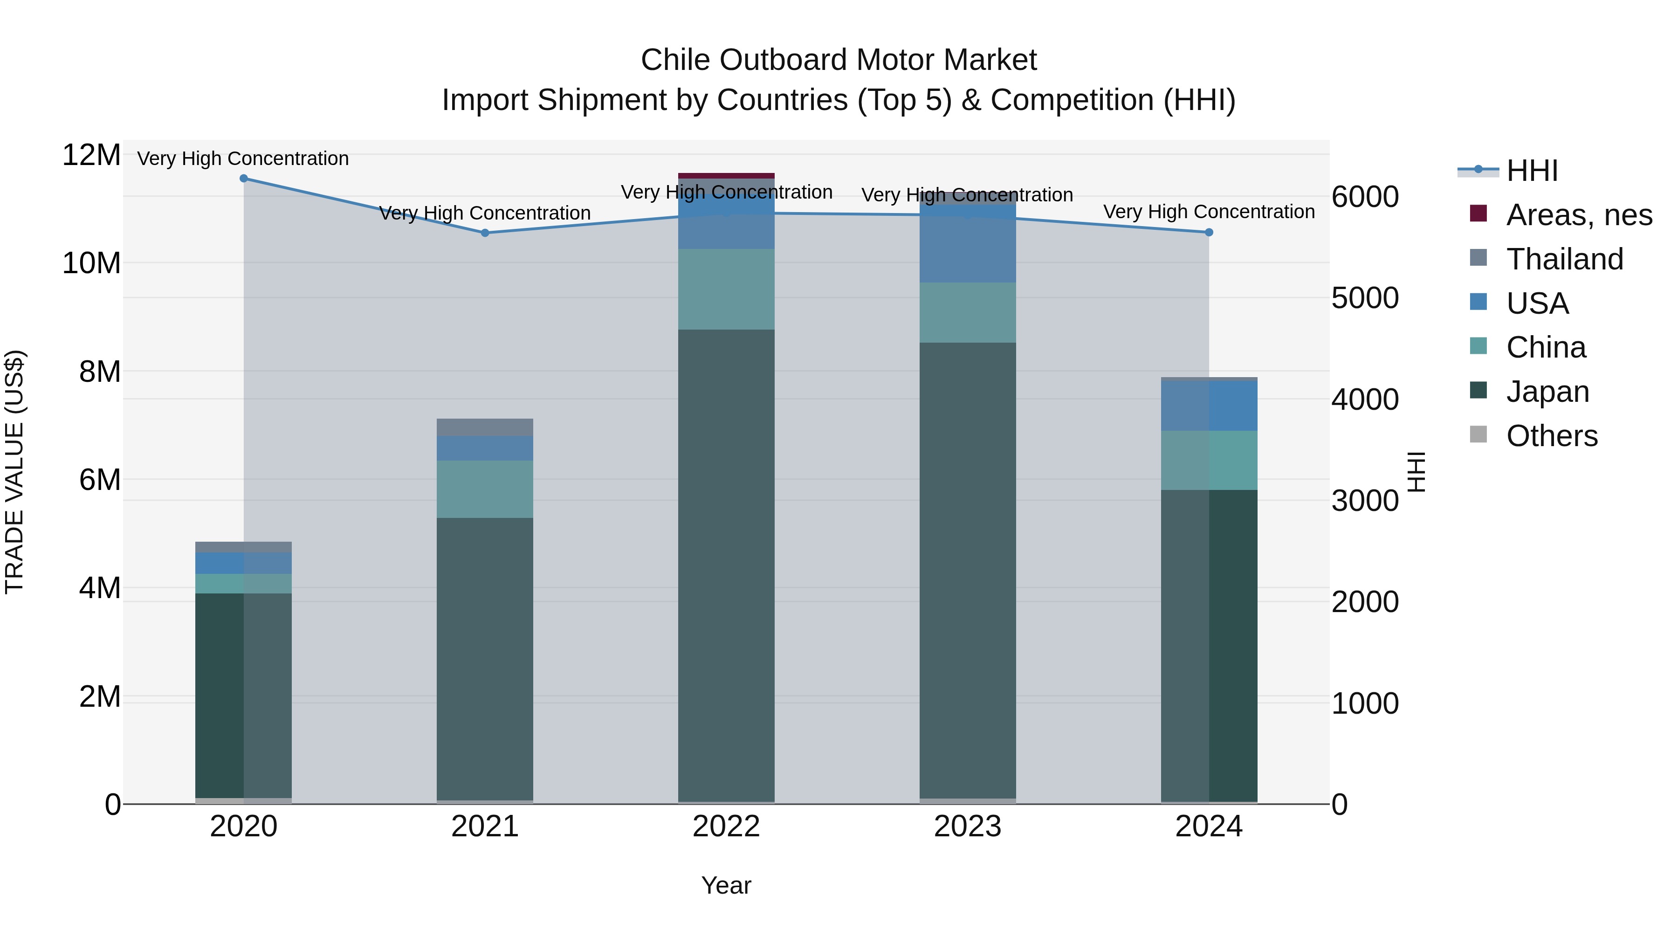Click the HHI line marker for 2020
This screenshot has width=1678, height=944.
point(244,179)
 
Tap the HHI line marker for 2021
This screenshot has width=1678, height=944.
point(485,233)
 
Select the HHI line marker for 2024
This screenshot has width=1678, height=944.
point(1209,232)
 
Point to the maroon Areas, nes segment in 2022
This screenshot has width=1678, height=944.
point(726,176)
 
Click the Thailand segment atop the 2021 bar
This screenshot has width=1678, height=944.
point(485,427)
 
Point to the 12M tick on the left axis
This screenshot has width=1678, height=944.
point(91,155)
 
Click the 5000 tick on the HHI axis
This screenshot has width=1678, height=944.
point(1365,298)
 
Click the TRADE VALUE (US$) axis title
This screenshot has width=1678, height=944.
point(14,472)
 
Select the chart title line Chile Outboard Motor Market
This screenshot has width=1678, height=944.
point(839,60)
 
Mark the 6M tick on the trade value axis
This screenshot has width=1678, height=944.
point(100,480)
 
